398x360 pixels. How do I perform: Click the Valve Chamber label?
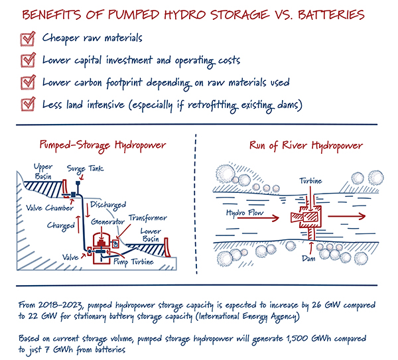tap(41, 206)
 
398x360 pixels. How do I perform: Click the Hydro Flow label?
tap(235, 213)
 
